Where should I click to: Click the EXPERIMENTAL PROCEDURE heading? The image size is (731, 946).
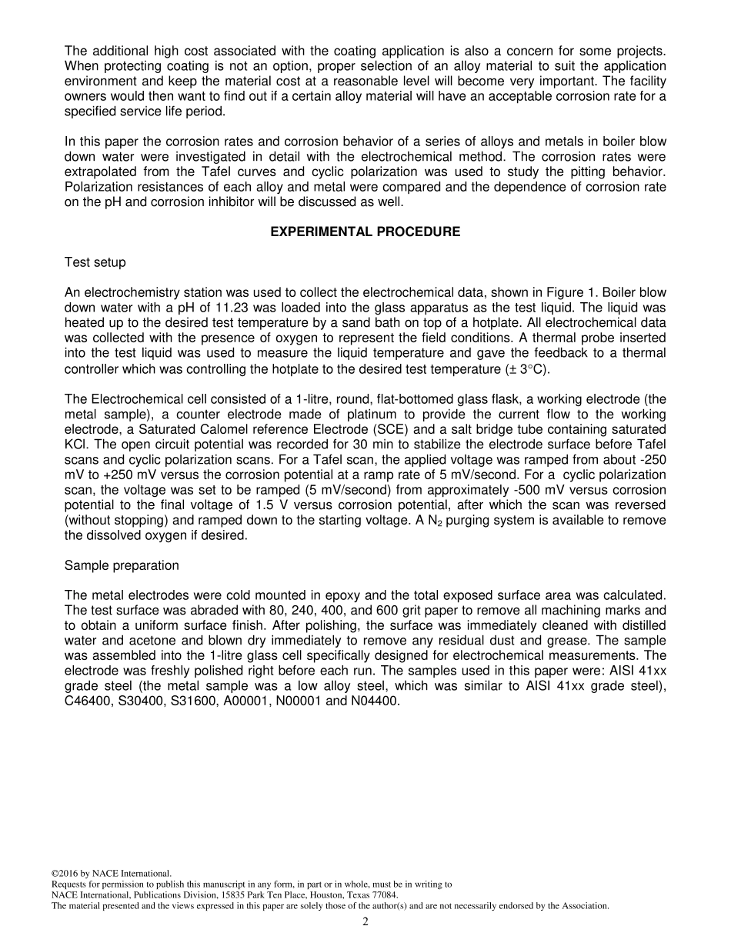click(365, 232)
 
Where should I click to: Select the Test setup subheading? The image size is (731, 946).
click(95, 262)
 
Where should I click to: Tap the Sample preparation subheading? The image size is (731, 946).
click(122, 565)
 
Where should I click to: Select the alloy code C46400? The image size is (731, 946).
click(88, 701)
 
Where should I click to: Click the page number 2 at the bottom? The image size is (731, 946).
click(365, 922)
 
